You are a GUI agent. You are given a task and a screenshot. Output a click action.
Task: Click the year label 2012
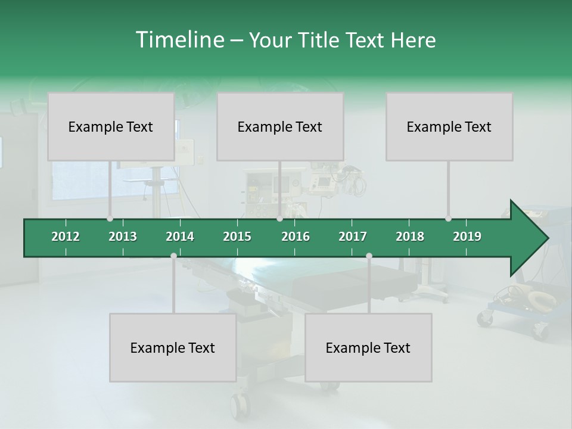pos(66,237)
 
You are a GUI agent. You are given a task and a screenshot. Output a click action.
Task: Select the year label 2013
pos(123,237)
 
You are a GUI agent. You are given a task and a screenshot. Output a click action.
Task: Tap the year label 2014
pos(180,237)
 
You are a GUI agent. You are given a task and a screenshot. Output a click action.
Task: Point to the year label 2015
pos(237,237)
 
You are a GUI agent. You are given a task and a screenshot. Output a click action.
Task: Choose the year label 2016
pos(296,237)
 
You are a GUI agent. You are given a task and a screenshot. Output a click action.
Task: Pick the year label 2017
pos(353,237)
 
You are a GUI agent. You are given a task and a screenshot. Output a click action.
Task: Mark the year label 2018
pos(410,237)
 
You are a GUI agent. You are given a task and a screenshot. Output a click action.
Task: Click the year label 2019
pos(467,237)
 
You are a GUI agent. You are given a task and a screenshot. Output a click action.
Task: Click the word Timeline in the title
pos(179,40)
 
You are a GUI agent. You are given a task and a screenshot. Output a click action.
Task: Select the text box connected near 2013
pos(111,126)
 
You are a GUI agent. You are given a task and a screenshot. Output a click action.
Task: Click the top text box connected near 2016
pos(280,126)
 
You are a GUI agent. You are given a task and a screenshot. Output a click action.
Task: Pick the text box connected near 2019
pos(449,126)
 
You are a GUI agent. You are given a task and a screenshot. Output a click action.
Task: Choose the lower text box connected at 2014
pos(173,347)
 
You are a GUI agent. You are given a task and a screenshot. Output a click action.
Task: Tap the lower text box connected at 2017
pos(368,347)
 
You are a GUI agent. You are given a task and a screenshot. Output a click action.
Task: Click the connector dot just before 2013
pos(110,219)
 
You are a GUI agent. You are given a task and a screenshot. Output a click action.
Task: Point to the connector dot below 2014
pos(173,256)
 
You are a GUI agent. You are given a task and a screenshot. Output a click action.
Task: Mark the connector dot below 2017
pos(369,256)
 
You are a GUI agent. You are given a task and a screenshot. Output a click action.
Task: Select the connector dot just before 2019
pos(448,219)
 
